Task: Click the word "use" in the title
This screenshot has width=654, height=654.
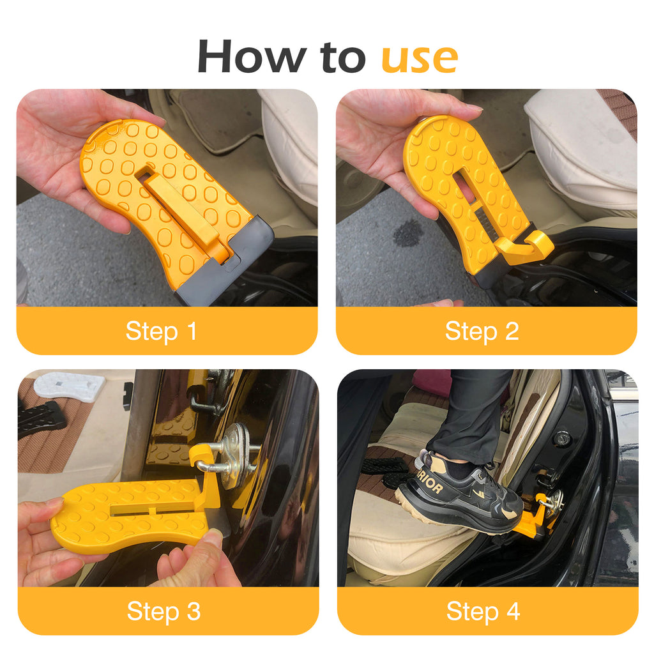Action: point(420,57)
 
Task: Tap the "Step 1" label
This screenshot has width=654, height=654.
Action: point(161,331)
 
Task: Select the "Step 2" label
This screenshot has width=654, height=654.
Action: point(482,331)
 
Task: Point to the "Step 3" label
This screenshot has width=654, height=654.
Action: point(163,611)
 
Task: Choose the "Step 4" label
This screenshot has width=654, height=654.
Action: point(483,611)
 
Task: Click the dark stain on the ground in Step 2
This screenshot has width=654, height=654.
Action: point(408,233)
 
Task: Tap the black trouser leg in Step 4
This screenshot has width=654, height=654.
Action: point(473,409)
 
